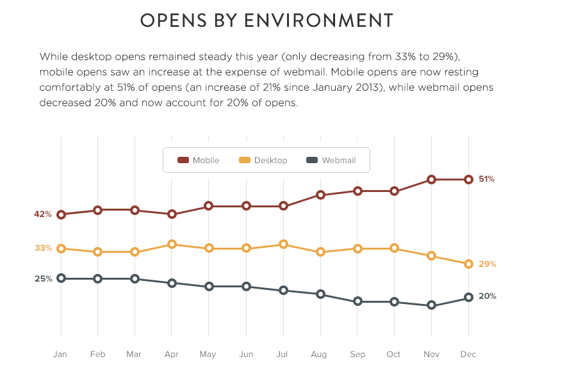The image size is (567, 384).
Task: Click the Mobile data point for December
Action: tap(468, 180)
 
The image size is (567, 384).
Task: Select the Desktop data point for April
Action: tap(172, 244)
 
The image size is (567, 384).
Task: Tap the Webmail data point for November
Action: tap(431, 305)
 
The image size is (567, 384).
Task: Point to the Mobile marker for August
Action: tap(320, 195)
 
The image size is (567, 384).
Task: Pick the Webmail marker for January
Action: tap(61, 278)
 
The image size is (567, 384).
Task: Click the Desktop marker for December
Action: tap(468, 264)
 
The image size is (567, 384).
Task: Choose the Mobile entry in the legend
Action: tap(198, 160)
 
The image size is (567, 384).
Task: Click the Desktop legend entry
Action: tap(263, 160)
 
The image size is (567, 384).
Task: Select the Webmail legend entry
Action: tap(331, 160)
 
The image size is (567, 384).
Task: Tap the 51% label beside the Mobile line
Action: tap(486, 179)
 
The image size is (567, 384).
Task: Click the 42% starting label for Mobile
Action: tap(43, 214)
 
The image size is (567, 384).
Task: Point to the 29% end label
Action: tap(487, 264)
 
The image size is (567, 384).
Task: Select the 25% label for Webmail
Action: tap(44, 278)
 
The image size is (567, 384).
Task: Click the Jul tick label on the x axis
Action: tap(282, 354)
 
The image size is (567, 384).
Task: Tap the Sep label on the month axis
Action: tap(357, 355)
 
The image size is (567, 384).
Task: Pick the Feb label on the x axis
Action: tap(97, 354)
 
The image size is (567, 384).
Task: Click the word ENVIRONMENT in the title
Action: tap(318, 20)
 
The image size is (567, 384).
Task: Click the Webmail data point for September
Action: tap(357, 301)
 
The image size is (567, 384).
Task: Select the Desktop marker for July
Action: tap(283, 244)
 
